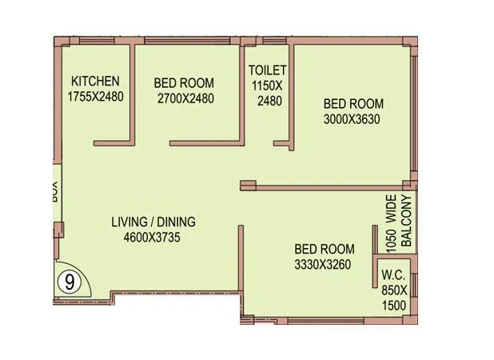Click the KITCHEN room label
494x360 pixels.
pos(95,81)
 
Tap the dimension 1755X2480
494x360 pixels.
pos(95,96)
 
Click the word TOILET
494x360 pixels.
pos(267,70)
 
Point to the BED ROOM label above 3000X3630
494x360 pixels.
pos(353,104)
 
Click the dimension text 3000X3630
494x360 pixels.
pos(353,119)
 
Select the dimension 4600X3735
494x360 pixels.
pos(154,237)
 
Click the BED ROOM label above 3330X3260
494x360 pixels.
pos(324,247)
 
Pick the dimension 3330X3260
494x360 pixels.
pos(324,262)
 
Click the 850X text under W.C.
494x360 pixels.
pos(394,289)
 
